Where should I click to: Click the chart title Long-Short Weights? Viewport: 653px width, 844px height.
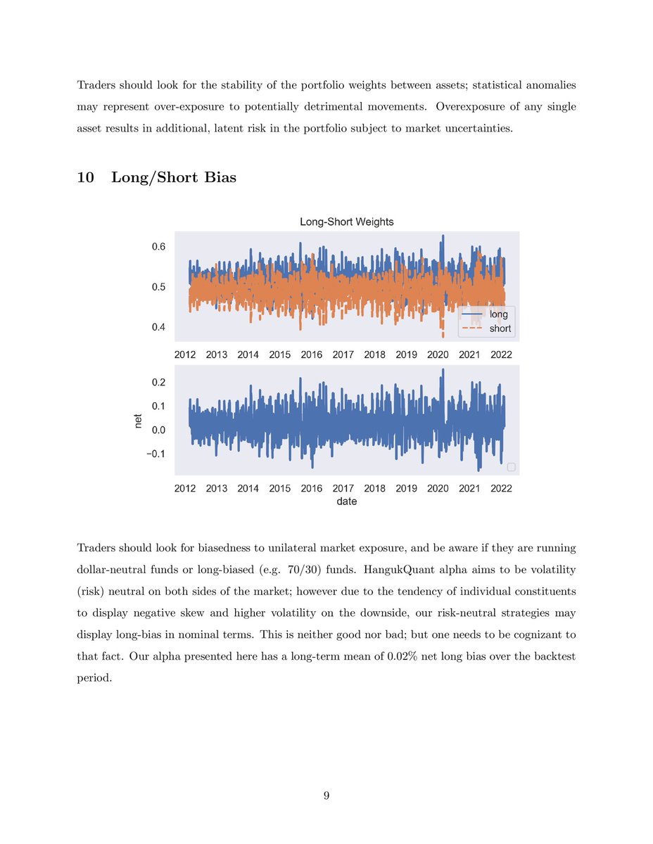click(346, 222)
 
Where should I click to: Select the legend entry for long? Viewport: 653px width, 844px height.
click(497, 314)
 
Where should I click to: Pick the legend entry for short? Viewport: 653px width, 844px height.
click(500, 328)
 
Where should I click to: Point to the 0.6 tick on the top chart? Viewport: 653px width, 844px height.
click(158, 247)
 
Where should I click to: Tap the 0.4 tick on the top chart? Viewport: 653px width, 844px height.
click(158, 327)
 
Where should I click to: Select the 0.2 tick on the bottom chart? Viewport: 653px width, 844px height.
click(158, 383)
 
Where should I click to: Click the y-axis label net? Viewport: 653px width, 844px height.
click(139, 420)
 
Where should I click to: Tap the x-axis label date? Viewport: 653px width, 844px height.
click(346, 501)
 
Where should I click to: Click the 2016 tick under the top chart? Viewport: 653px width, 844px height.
click(311, 354)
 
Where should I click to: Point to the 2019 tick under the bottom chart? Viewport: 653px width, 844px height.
click(406, 489)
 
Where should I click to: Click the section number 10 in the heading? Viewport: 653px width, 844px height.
click(86, 177)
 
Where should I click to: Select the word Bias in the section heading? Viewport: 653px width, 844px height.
click(220, 177)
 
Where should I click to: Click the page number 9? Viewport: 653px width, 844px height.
click(326, 795)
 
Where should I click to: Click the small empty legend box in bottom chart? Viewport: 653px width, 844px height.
click(511, 467)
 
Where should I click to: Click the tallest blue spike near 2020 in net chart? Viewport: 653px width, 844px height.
click(443, 371)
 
